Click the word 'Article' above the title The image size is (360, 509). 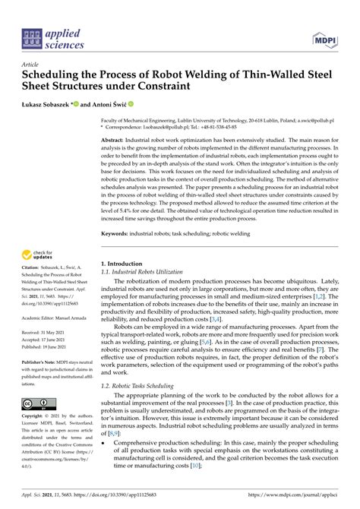click(x=31, y=65)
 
